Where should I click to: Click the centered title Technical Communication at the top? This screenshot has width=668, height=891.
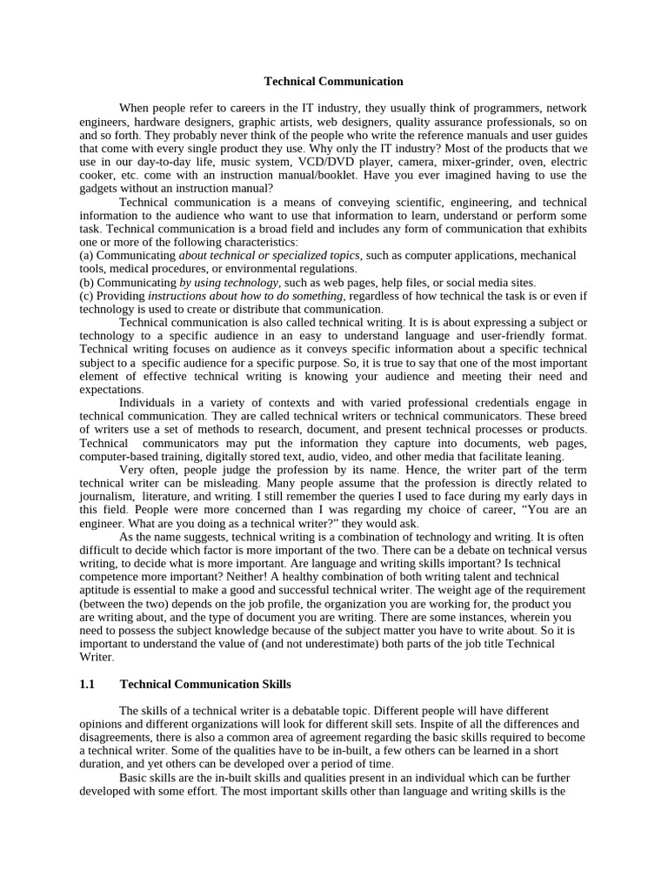(334, 82)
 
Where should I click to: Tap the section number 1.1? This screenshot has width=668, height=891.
(86, 685)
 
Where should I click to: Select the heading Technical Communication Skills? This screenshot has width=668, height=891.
(204, 685)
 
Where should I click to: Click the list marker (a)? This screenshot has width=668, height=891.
(86, 255)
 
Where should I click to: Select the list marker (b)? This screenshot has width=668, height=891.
(86, 283)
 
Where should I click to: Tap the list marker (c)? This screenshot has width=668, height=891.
(86, 296)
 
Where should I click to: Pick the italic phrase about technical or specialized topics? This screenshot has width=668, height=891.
(270, 255)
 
